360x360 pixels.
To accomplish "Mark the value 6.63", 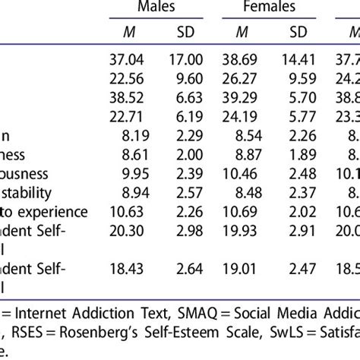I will point(194,96).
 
